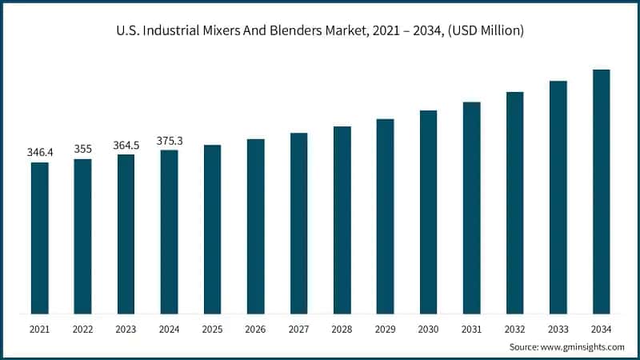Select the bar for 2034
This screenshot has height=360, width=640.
pos(601,191)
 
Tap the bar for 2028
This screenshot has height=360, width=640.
pos(342,220)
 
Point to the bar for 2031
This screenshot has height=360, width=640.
pos(471,208)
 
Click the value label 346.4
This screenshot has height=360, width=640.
pos(39,151)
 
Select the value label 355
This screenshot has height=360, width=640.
pos(82,148)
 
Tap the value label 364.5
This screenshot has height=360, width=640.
pos(126,144)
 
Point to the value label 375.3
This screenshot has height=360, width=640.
pos(169,140)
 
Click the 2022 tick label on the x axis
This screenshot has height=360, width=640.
pos(82,329)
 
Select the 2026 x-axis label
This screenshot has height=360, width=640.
pos(255,329)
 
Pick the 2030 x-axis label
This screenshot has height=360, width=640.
pos(428,329)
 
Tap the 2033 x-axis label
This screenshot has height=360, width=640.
pos(558,329)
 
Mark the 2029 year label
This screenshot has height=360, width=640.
pos(385,329)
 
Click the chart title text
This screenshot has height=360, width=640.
pos(320,31)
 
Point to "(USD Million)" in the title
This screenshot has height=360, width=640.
pos(484,31)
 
